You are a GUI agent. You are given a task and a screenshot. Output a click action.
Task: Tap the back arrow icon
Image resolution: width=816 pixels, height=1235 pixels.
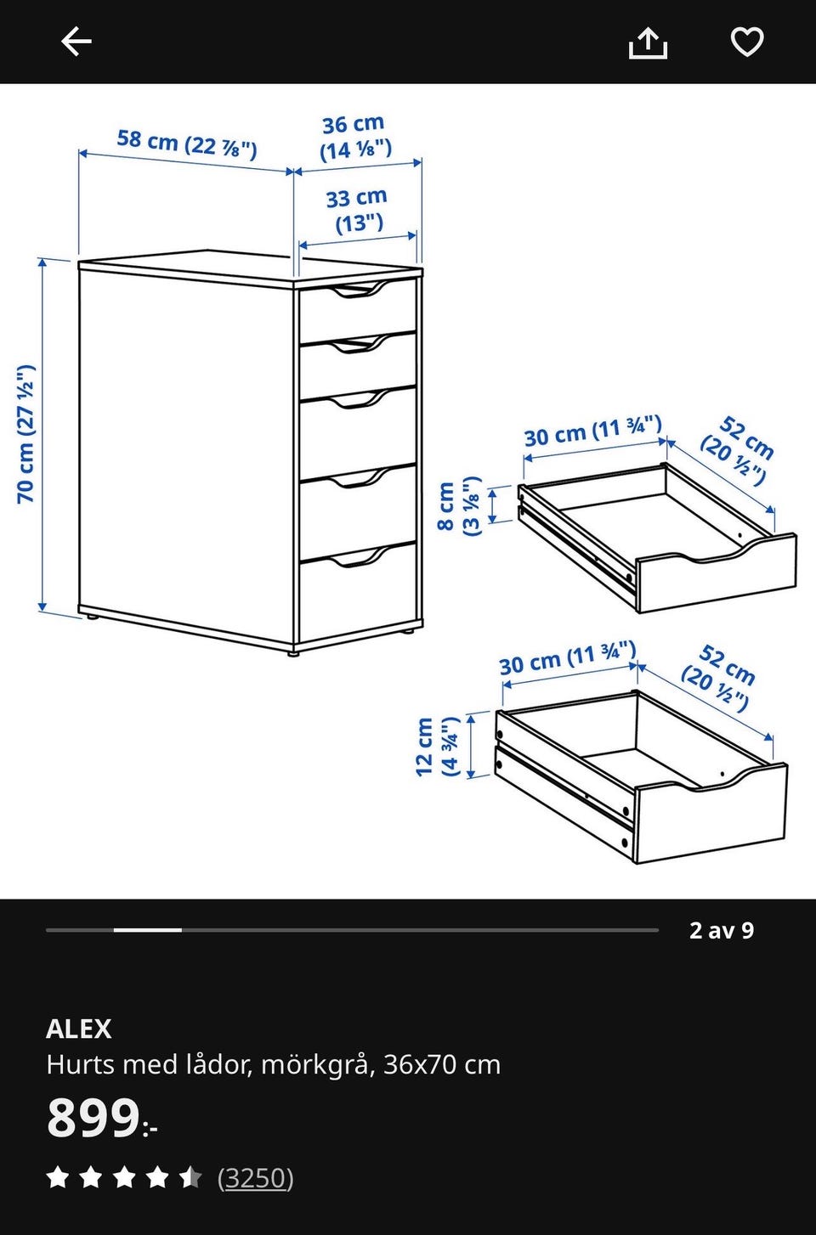click(76, 42)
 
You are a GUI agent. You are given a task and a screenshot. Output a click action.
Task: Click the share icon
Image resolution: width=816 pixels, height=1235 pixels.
click(648, 43)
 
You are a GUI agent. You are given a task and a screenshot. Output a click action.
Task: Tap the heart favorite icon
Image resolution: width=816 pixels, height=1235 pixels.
click(747, 42)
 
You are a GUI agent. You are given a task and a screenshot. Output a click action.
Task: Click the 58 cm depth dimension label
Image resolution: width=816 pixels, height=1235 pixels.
click(186, 144)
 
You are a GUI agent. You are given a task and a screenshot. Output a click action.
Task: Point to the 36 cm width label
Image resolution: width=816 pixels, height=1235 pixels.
click(354, 138)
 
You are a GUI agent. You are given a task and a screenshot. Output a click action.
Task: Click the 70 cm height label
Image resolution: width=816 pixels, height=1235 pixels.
click(26, 434)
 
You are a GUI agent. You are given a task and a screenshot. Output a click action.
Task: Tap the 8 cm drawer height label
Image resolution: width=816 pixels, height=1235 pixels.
click(460, 505)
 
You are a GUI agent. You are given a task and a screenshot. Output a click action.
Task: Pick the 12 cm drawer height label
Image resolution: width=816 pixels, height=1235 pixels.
click(437, 747)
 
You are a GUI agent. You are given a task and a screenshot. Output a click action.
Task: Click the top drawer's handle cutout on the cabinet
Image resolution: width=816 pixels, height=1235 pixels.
click(359, 290)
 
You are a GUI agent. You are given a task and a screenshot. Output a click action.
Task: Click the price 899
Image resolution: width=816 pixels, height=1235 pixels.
click(93, 1118)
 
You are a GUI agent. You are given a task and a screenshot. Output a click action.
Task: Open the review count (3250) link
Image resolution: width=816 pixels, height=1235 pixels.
click(255, 1178)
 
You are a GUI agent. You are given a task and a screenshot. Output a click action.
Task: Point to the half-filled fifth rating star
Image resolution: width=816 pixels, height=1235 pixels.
click(190, 1177)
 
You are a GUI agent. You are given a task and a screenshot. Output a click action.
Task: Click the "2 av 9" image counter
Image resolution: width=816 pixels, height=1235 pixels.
click(721, 930)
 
